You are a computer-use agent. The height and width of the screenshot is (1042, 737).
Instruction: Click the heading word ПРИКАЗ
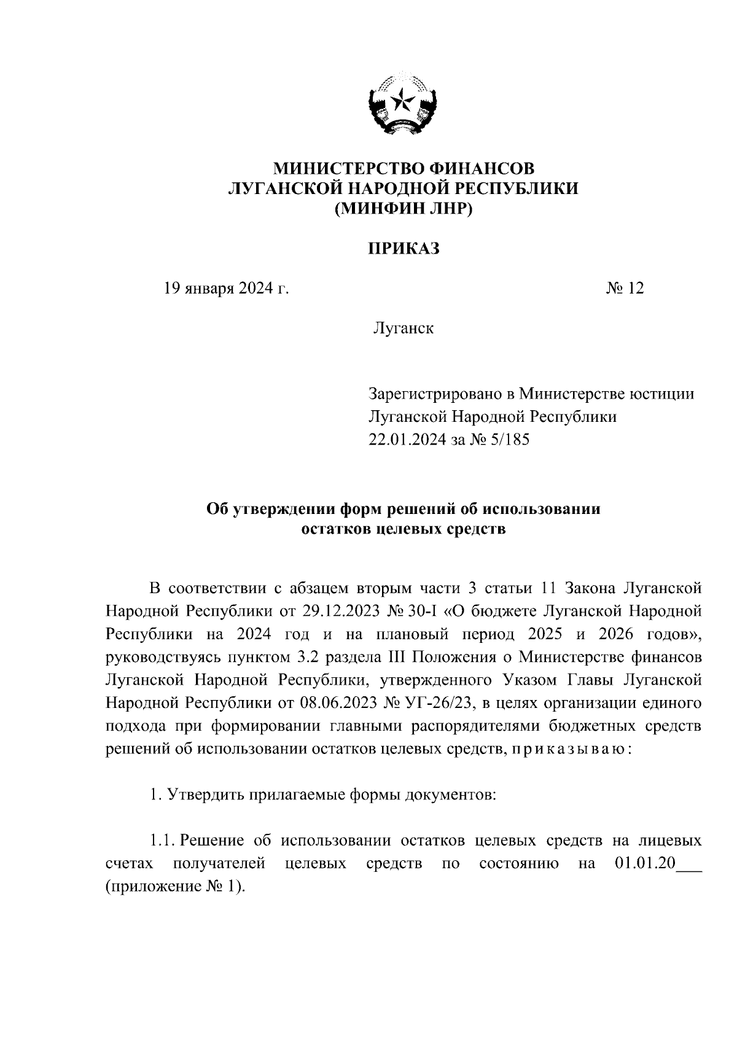click(x=404, y=248)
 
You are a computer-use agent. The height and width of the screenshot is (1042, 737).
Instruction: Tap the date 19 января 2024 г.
click(x=225, y=288)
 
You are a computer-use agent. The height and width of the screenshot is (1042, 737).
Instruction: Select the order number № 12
click(x=625, y=288)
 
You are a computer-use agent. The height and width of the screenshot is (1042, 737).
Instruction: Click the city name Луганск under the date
click(x=403, y=329)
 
